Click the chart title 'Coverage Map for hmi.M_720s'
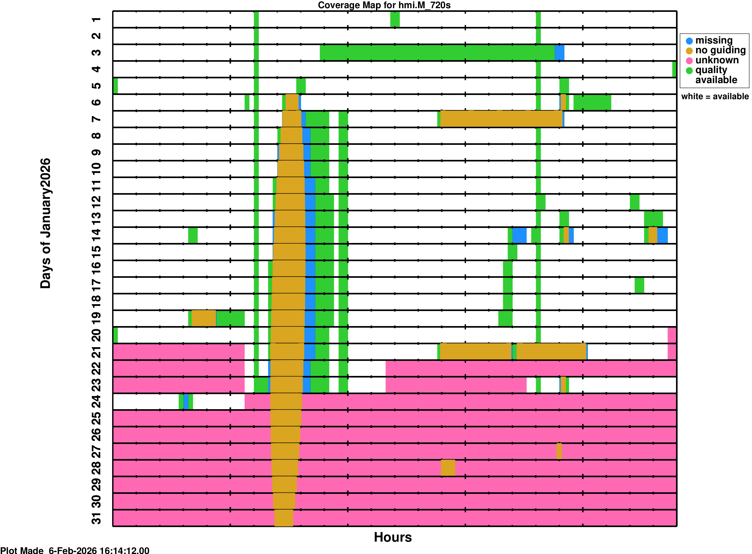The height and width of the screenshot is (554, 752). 384,5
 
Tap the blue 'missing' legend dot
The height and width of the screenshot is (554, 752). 689,41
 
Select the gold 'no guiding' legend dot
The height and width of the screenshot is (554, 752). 689,51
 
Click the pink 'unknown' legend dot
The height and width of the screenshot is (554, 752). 689,61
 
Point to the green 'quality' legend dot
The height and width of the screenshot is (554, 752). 689,71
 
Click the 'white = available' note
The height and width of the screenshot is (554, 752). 715,97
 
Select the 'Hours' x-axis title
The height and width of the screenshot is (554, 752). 392,537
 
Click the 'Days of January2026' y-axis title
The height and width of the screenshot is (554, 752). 45,223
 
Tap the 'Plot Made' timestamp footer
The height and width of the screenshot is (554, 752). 74,550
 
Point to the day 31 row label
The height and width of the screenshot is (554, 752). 96,518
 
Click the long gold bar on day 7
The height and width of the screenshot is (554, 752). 501,119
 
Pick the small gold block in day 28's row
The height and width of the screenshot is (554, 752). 448,468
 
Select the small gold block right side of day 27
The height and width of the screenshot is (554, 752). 559,451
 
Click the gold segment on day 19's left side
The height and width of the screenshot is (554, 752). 204,318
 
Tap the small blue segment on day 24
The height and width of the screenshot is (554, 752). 186,402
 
